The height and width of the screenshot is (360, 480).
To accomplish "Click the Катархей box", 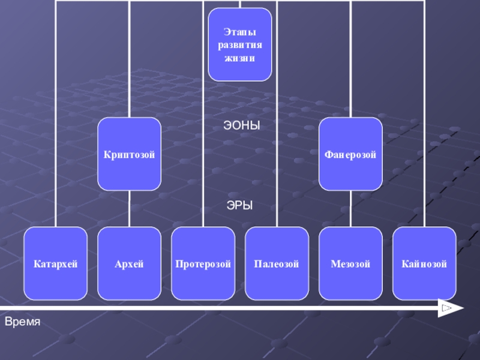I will click(x=56, y=263).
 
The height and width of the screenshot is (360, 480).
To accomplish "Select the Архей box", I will click(x=129, y=263).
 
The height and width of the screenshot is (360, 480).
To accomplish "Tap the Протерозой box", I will click(x=203, y=263).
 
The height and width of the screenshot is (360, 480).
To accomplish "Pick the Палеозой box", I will click(x=277, y=263).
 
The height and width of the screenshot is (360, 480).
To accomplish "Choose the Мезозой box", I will click(x=350, y=263).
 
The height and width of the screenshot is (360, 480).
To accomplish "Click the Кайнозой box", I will click(x=424, y=263).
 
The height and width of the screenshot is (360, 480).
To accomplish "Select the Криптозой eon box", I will click(x=129, y=154).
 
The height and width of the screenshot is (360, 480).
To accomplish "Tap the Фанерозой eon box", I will click(x=350, y=154).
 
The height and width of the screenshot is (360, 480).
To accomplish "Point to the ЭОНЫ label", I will click(x=241, y=126).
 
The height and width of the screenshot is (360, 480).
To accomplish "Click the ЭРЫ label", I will click(x=239, y=205).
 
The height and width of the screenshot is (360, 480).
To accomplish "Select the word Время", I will click(x=22, y=322).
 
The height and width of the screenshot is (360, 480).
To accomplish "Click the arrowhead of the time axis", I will click(x=450, y=308).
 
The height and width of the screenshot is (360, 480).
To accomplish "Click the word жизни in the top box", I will click(x=239, y=58).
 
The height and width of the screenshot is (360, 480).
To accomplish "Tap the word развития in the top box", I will click(x=239, y=46).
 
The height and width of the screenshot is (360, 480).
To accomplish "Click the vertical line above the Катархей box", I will click(x=56, y=120).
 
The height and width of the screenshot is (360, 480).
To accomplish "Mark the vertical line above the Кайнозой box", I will click(x=424, y=120).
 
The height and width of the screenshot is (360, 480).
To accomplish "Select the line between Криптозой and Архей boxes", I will click(x=129, y=209).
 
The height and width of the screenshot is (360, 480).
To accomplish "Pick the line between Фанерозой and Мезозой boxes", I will click(x=350, y=209).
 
